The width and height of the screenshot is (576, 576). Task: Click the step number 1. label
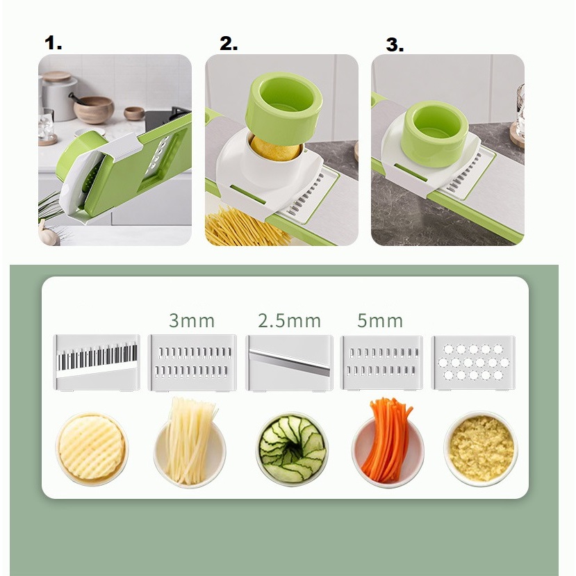click(x=54, y=43)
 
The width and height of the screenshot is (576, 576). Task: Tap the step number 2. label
click(x=229, y=43)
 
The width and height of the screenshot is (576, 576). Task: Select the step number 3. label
click(x=395, y=45)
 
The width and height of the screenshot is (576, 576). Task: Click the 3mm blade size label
click(x=192, y=321)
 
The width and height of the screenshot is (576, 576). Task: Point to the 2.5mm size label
click(x=289, y=321)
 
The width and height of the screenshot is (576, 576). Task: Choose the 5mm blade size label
click(x=381, y=321)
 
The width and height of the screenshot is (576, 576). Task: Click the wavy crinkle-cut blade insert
click(x=97, y=362)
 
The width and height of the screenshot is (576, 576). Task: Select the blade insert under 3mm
click(x=192, y=362)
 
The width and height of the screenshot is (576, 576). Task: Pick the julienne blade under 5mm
click(x=381, y=362)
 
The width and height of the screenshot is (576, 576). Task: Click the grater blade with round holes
click(x=473, y=362)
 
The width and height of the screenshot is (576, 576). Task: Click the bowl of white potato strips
click(x=190, y=445)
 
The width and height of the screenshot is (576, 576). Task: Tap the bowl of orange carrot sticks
click(x=387, y=445)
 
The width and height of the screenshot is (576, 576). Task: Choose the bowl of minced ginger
click(x=481, y=448)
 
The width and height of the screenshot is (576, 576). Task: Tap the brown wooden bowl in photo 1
click(x=94, y=109)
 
